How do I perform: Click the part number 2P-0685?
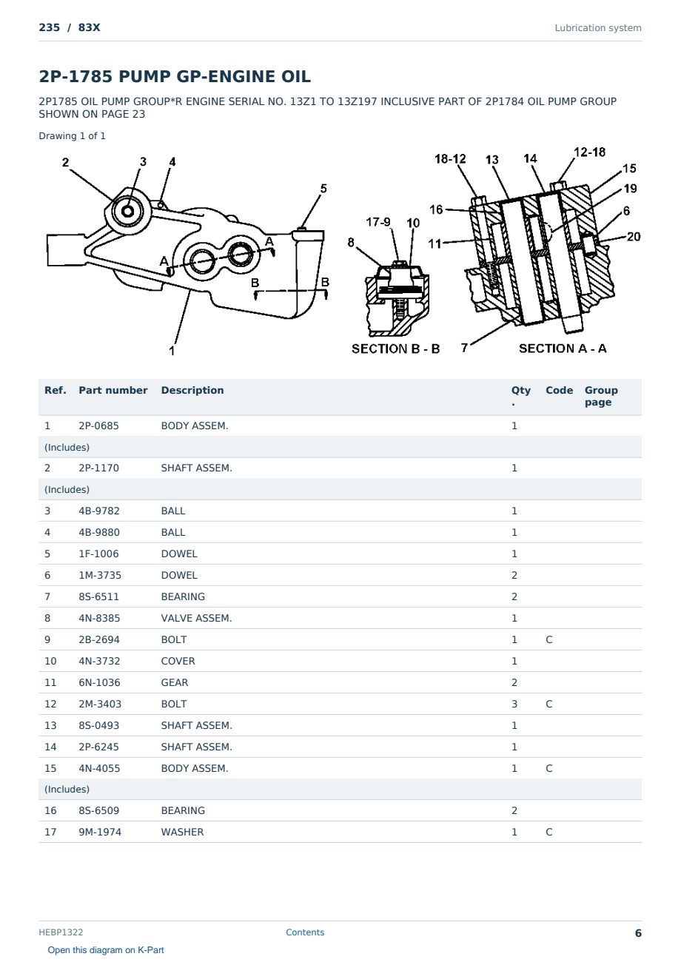98,425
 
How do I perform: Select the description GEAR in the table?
175,682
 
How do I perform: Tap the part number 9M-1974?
100,832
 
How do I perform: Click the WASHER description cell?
182,832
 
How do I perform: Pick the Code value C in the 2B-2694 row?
549,639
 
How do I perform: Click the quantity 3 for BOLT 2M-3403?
514,704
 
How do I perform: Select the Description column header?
192,390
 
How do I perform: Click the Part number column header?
113,390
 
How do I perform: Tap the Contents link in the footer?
305,932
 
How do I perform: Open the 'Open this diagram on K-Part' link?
106,950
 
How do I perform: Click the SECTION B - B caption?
395,349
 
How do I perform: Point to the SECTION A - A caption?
563,349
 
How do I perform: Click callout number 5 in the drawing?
323,189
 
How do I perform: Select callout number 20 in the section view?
634,237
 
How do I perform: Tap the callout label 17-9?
378,221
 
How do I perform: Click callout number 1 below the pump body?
172,351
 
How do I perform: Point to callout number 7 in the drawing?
464,348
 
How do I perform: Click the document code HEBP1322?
61,932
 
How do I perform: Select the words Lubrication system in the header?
597,28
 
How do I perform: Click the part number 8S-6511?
98,596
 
